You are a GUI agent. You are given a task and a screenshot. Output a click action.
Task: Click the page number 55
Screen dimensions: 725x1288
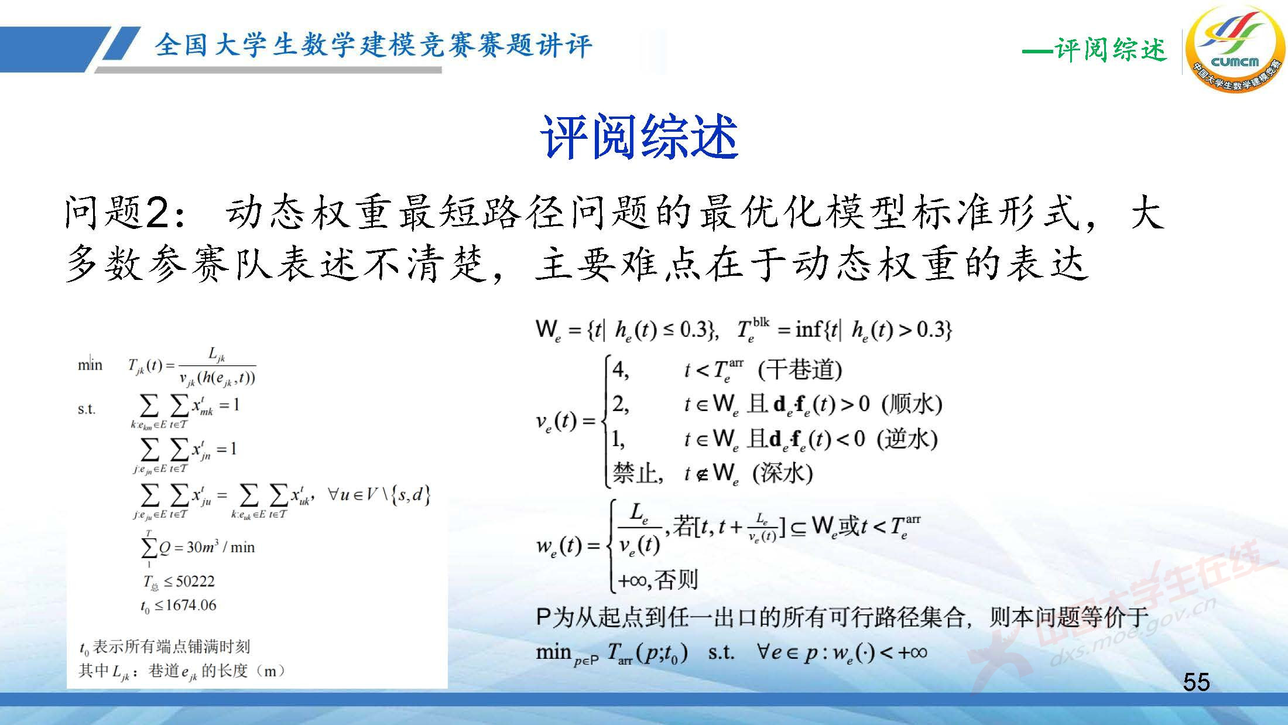1196,682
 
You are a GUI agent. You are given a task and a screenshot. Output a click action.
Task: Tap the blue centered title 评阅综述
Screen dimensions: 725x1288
639,137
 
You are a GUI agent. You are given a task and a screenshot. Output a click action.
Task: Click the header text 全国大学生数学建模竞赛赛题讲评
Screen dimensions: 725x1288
373,45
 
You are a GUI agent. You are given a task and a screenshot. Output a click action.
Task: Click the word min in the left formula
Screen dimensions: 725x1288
90,365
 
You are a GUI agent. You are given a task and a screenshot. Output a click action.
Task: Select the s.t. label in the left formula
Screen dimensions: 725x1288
86,409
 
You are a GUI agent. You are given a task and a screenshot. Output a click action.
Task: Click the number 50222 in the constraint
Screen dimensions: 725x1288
195,581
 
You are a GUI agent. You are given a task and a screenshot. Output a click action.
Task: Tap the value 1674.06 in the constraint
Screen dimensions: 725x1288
191,605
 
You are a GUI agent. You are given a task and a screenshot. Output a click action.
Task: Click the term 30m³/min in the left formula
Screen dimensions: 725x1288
221,548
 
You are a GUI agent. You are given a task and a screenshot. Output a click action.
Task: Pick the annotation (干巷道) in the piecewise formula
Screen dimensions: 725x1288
800,370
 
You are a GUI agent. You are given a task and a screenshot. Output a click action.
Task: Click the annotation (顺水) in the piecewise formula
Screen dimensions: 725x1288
912,403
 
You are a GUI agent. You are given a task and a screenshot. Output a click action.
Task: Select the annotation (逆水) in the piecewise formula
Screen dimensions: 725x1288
907,439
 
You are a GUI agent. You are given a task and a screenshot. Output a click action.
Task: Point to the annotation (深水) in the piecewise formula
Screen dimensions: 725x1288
782,473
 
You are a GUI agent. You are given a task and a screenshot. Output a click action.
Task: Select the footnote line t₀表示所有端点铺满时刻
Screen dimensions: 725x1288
165,647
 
